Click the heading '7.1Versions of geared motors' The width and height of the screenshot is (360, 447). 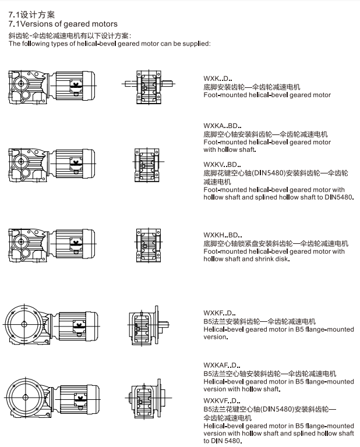coord(63,24)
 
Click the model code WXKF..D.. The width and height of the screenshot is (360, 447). coord(217,313)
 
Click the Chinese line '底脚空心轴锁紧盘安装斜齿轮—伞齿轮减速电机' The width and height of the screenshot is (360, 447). coord(276,243)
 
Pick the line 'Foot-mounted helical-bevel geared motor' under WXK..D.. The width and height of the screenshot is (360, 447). coord(267,95)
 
